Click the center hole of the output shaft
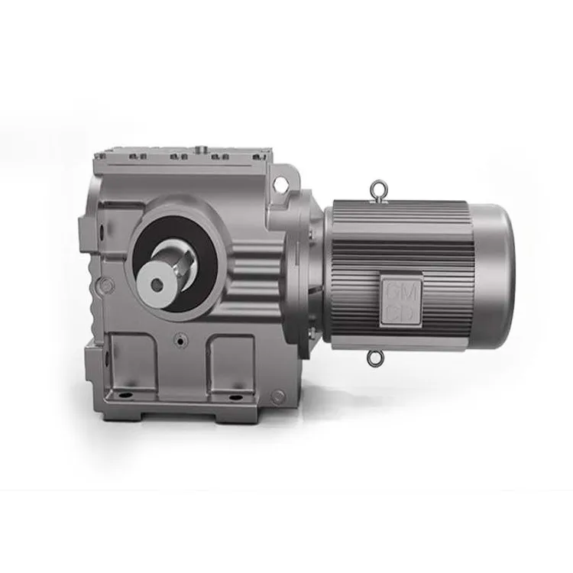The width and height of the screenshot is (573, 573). pos(157,283)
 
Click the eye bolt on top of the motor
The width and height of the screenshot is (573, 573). pos(377,189)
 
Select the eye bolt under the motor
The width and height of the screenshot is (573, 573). pos(374,357)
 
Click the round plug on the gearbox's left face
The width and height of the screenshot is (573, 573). pos(108,285)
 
